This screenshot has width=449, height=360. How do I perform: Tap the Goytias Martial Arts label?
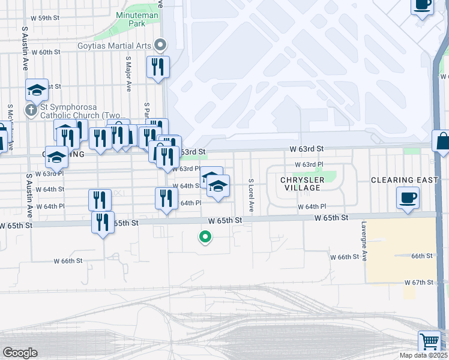pos(115,45)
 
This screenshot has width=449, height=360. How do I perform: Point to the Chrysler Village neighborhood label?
pos(303,184)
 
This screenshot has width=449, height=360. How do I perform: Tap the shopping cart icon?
pos(430,341)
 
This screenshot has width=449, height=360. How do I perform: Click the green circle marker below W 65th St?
pos(205,238)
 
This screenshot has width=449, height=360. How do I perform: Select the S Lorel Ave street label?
pos(252,196)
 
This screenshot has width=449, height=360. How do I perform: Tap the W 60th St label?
pos(46,52)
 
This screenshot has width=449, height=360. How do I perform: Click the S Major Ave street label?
pos(128,74)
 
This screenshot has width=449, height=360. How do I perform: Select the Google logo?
pos(20,353)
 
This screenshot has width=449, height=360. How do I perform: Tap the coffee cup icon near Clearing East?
pos(408,197)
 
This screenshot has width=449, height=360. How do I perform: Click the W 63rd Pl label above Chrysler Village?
pos(309,164)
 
